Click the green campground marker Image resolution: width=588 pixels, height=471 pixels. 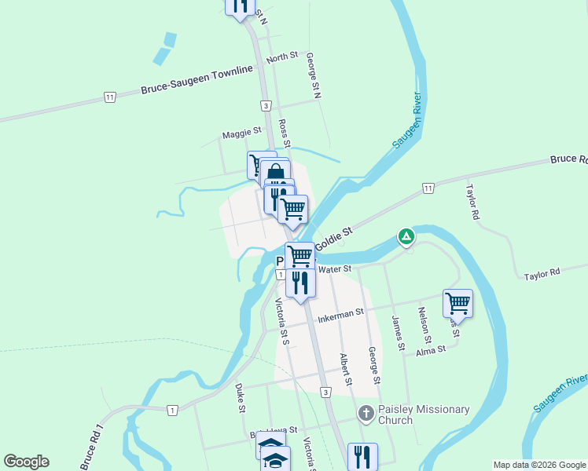click(x=406, y=235)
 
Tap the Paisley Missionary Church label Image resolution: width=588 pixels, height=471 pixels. click(x=424, y=414)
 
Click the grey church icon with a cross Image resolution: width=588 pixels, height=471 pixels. click(x=366, y=413)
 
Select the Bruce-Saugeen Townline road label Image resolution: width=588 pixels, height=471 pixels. click(x=197, y=79)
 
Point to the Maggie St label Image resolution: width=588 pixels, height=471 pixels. click(x=241, y=134)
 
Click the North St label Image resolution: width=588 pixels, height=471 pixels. click(x=283, y=57)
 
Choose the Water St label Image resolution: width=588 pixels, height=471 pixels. click(x=333, y=269)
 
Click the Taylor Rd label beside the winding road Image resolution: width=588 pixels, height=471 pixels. click(x=542, y=273)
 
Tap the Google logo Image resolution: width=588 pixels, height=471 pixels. click(x=26, y=462)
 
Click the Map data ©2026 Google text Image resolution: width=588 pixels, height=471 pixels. click(x=539, y=465)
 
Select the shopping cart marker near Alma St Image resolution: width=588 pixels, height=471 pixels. click(x=458, y=302)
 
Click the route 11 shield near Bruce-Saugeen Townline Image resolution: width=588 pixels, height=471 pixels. click(x=109, y=97)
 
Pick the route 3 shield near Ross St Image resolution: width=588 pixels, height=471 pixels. click(x=267, y=105)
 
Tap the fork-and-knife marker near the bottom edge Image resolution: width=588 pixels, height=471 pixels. click(x=362, y=455)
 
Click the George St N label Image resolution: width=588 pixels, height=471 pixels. click(x=314, y=75)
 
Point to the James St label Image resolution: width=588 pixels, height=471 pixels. click(x=399, y=333)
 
